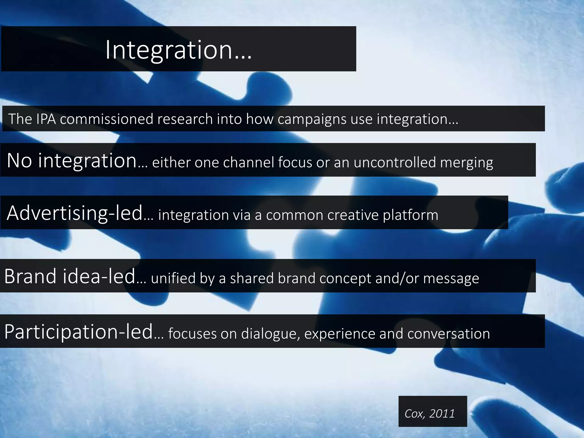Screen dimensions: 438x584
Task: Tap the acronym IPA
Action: (46, 119)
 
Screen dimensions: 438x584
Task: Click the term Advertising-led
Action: (75, 213)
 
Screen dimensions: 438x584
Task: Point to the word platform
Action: (410, 215)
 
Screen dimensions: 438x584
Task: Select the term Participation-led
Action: (79, 332)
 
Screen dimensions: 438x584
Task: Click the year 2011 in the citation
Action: (442, 413)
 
